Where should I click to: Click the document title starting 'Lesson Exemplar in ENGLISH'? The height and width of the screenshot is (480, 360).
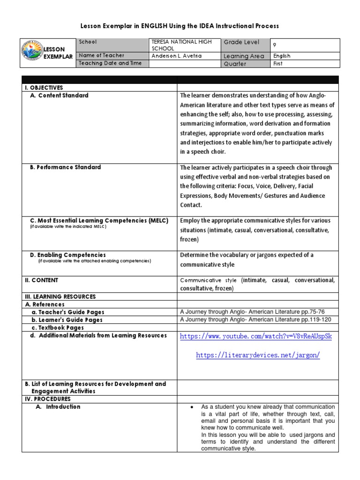pos(180,26)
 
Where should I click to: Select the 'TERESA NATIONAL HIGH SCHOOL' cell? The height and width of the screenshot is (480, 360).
pos(181,45)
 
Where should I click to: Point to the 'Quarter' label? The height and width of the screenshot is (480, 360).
pos(235,64)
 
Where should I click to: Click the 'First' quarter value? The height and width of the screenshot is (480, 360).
pos(278,64)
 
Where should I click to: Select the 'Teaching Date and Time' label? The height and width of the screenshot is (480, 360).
pos(110,63)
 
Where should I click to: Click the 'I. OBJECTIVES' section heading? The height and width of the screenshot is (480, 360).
pos(44,88)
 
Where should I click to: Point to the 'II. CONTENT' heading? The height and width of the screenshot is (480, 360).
pos(41,280)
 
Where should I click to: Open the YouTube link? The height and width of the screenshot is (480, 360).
pos(256,337)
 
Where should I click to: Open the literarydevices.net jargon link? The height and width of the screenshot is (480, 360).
pos(258,355)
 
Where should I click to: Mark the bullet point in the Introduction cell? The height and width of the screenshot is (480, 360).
pos(192,407)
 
